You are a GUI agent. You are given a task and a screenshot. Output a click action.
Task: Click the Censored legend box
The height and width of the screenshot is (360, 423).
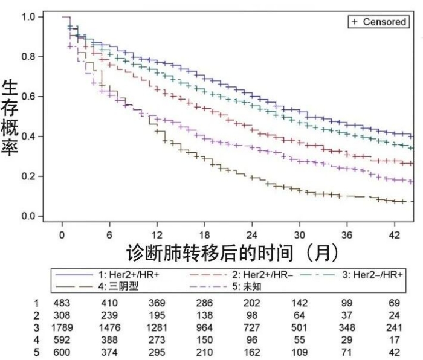[379, 22]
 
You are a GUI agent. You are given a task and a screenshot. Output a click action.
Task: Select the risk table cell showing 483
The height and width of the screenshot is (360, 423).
[61, 301]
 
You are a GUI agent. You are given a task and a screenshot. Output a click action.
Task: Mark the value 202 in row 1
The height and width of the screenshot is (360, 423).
[251, 301]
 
